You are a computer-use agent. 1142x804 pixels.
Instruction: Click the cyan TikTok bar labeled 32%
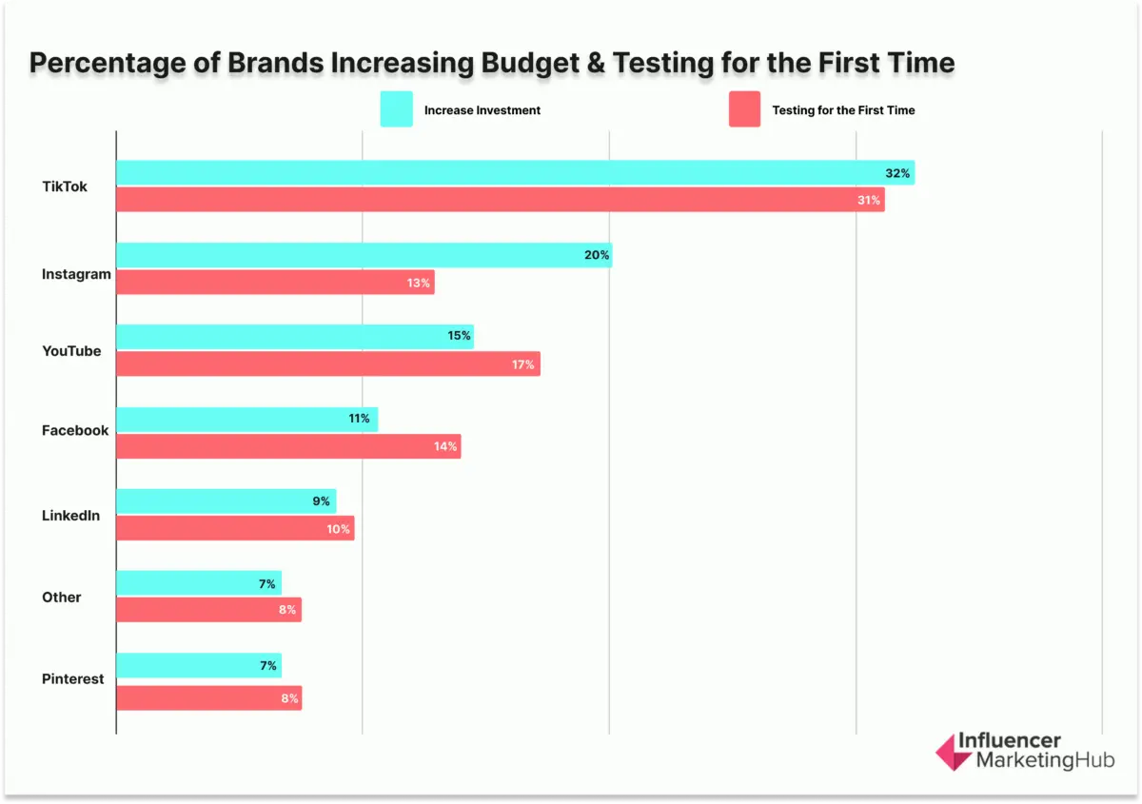click(514, 173)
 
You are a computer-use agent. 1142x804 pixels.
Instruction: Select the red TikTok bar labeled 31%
click(500, 200)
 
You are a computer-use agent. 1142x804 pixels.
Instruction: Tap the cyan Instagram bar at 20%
click(364, 255)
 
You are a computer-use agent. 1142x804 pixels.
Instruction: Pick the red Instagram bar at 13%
click(275, 282)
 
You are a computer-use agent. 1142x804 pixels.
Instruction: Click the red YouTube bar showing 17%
click(327, 364)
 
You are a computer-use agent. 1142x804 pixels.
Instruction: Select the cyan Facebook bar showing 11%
click(246, 419)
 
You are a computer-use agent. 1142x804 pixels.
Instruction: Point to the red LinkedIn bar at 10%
click(235, 529)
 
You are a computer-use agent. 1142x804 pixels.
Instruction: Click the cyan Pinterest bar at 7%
click(198, 666)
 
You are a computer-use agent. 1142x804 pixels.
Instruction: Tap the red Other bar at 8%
click(208, 610)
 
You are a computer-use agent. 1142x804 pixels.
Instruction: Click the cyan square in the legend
click(396, 109)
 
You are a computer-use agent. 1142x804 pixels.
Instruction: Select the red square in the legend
click(744, 109)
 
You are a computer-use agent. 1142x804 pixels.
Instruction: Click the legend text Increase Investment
click(482, 110)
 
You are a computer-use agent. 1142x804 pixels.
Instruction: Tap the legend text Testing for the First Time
click(843, 110)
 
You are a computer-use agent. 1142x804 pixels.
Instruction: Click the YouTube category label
click(71, 351)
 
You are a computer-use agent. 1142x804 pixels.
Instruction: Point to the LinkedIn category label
click(70, 516)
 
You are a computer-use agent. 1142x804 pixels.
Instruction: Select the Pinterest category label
click(72, 679)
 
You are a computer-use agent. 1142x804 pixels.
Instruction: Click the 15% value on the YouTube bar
click(459, 337)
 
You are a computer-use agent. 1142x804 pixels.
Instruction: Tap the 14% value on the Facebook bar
click(445, 446)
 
